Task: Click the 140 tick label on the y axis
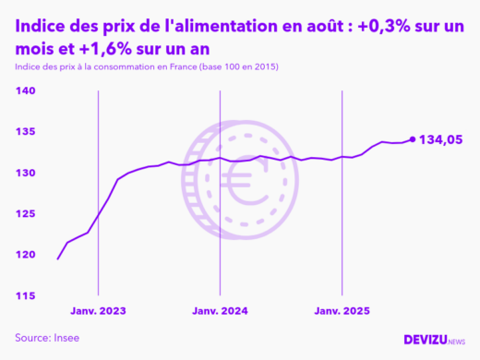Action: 25,90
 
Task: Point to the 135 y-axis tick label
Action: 25,132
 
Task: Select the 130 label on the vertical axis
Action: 25,173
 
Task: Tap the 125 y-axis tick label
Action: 25,213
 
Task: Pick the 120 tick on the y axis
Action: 25,255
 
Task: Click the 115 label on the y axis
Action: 25,295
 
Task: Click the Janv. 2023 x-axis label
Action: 97,312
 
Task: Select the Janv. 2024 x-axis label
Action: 220,312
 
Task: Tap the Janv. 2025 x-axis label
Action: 342,312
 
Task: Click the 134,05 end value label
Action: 441,140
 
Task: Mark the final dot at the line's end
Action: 412,139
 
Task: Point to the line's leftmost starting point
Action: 57,258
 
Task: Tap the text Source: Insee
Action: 47,338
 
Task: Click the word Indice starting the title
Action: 41,29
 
